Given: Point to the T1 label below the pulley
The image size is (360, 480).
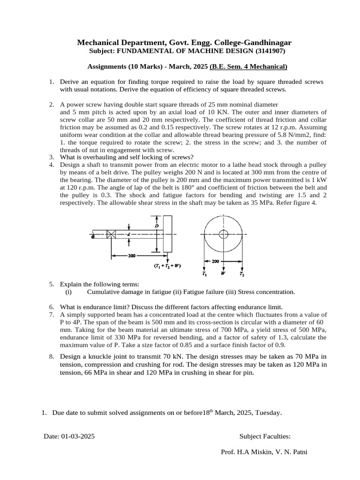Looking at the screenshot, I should coord(204,273).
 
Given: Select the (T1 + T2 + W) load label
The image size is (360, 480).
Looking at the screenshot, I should coord(167,266).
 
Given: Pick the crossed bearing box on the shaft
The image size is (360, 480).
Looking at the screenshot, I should coord(112,235).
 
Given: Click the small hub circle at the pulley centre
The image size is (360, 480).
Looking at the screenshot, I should coord(223,234).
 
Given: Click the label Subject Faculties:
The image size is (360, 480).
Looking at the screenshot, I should coord(265,436).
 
